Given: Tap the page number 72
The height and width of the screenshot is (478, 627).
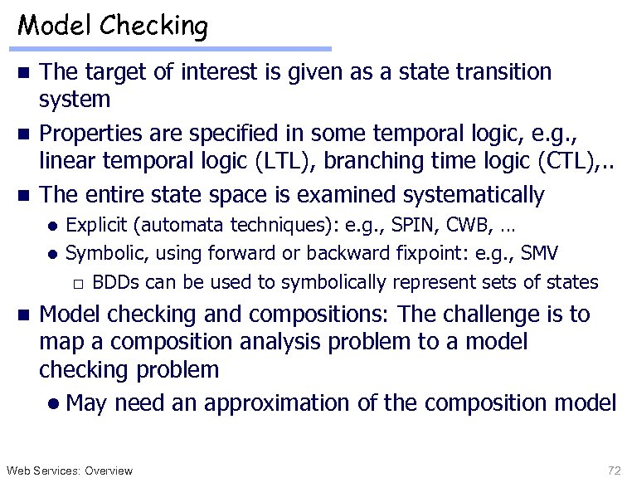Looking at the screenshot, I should (614, 471).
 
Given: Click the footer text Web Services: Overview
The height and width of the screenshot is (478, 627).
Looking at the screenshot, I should (68, 471).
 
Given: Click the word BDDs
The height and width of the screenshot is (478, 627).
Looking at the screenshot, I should (115, 282).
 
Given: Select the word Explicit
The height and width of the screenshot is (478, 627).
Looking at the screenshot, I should (94, 224).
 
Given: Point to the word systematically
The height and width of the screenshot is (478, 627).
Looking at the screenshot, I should (474, 195).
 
